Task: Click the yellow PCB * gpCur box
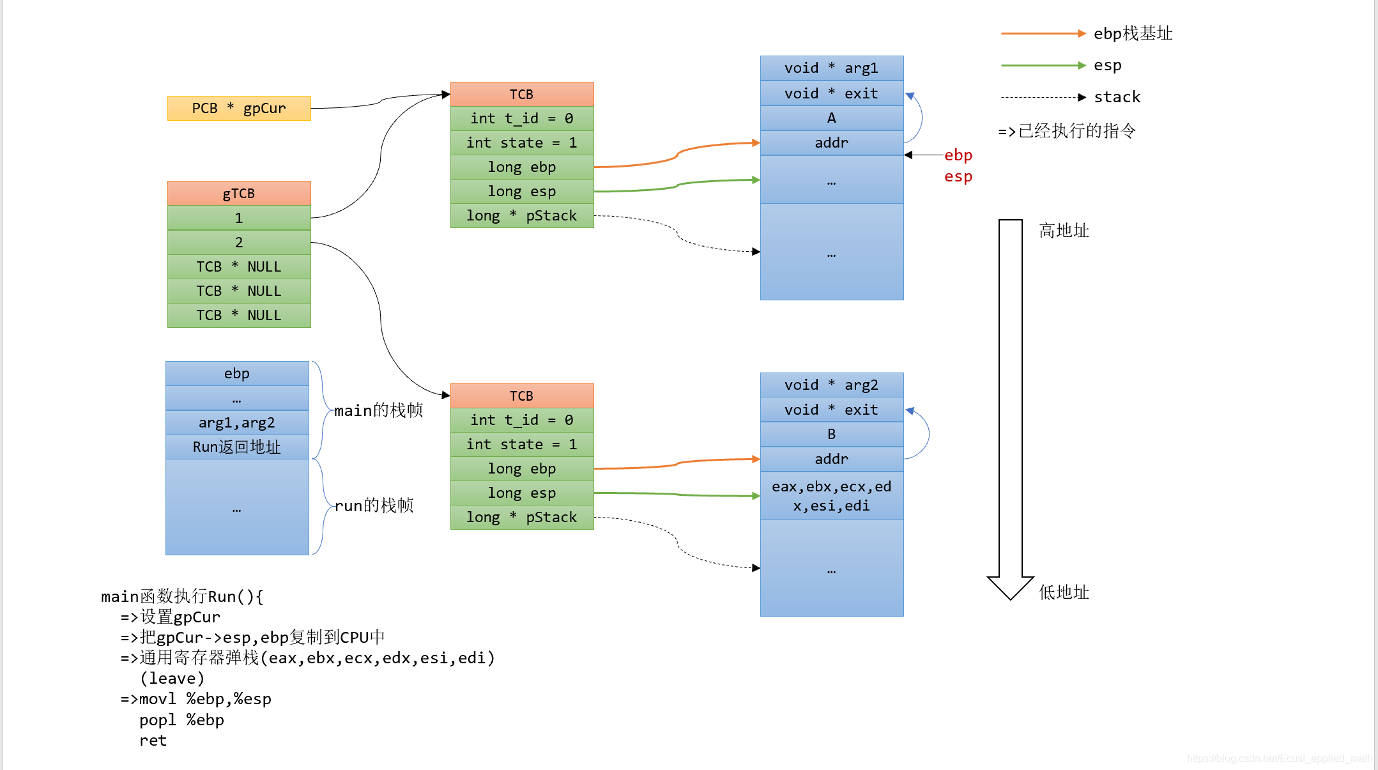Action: click(x=239, y=108)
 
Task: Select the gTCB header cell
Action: click(x=239, y=193)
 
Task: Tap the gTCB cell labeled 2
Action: click(x=239, y=242)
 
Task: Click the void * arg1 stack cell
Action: click(x=832, y=68)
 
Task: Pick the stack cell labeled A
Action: click(x=832, y=118)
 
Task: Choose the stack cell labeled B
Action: click(x=832, y=434)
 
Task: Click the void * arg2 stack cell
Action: click(x=832, y=385)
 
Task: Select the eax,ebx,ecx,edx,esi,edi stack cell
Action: click(x=832, y=496)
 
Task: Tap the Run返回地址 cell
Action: click(x=237, y=447)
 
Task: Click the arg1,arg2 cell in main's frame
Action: click(x=237, y=422)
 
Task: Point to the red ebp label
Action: click(x=958, y=155)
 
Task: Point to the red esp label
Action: click(x=958, y=176)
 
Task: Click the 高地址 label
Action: click(x=1064, y=231)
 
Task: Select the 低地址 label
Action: click(x=1064, y=592)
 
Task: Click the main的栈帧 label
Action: click(x=379, y=410)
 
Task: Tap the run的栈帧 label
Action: click(x=374, y=505)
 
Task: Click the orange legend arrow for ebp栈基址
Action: click(x=1043, y=33)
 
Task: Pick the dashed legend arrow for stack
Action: click(x=1043, y=97)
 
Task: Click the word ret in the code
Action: click(x=153, y=741)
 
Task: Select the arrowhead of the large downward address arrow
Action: click(x=1011, y=588)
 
